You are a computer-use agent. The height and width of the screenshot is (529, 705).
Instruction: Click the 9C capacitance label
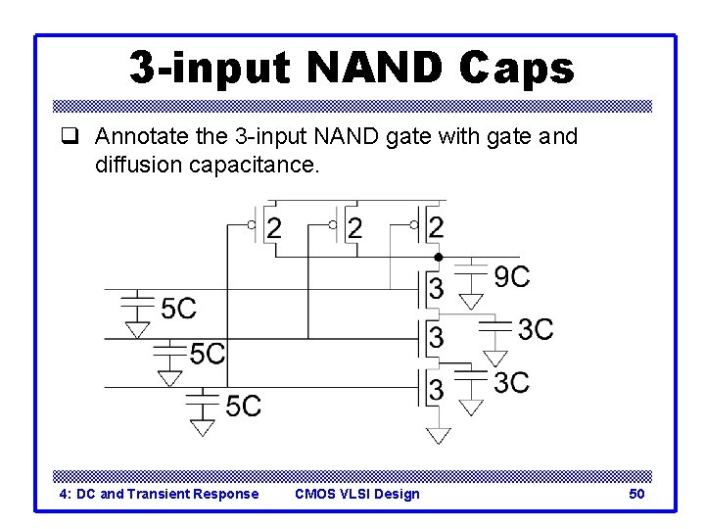coord(512,277)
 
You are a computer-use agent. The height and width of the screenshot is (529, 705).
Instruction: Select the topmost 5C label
coord(178,309)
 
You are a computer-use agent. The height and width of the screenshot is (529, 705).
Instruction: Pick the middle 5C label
coord(208,353)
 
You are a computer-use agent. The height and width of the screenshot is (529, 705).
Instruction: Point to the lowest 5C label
coord(243,405)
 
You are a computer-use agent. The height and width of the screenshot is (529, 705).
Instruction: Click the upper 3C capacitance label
coord(536,329)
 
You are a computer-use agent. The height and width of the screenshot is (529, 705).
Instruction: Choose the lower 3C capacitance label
coord(512,382)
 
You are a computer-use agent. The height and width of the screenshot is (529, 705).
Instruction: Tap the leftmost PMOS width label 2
coord(274,228)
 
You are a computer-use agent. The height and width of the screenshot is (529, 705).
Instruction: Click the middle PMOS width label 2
coord(355,228)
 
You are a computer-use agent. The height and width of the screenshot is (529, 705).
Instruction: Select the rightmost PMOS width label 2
coord(437,228)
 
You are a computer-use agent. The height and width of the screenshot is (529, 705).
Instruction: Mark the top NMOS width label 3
coord(437,289)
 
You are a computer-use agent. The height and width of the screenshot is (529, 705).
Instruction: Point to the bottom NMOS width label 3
coord(437,390)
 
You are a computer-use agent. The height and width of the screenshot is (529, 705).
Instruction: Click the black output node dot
coord(439,257)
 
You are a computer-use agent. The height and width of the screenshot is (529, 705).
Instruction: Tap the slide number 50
coord(636,494)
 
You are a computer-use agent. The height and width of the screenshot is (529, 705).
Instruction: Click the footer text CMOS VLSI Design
coord(356,494)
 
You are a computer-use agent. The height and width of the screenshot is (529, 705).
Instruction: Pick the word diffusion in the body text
coord(135,165)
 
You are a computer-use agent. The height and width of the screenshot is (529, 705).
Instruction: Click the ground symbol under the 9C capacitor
coord(472,302)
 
